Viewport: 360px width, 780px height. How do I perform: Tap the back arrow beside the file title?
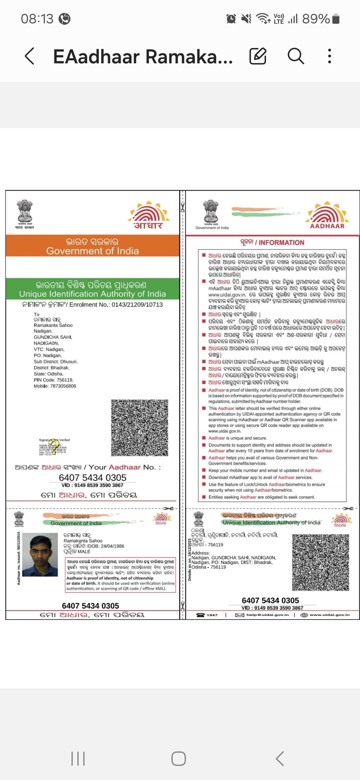coord(30,56)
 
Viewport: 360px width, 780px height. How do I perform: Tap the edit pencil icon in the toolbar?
coord(258,56)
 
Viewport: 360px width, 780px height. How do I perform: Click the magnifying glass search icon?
coord(296,56)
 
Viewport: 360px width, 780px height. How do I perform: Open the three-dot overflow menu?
coord(329,56)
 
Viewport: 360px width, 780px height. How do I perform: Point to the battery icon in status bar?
coord(336,19)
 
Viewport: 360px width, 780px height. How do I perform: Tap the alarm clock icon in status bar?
coord(231,19)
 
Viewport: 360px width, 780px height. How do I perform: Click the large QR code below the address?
coord(140,428)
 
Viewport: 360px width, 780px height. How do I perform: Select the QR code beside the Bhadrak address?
coord(320,562)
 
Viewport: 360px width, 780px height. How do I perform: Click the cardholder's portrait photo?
coord(44,554)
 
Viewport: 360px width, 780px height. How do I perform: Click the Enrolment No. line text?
coord(93,305)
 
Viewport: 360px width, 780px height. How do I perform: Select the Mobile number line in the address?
coord(55,386)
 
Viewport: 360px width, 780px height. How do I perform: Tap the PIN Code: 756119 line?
coord(54,380)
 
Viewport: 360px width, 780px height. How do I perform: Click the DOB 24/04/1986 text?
coord(94,546)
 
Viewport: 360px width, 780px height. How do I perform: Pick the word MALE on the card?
coord(84,552)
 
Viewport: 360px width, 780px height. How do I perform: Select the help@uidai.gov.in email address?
coord(267,615)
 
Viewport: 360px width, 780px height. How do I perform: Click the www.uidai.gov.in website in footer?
coord(329,615)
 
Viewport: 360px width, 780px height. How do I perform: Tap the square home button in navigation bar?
coord(179,759)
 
